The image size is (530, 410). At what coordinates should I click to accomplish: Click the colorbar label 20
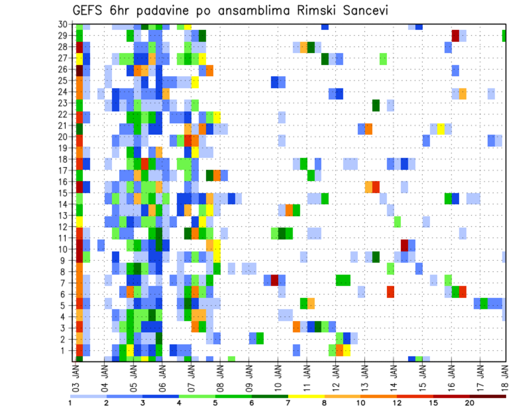(470, 403)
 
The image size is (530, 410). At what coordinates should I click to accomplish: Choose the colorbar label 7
(288, 403)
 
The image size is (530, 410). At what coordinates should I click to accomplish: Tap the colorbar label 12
(397, 403)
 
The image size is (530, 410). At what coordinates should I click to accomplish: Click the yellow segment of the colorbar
(306, 396)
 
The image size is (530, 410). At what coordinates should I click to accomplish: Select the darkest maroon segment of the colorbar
(488, 396)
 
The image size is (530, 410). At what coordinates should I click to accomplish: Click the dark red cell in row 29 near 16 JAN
(455, 35)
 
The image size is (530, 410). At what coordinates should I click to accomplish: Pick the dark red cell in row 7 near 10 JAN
(274, 280)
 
